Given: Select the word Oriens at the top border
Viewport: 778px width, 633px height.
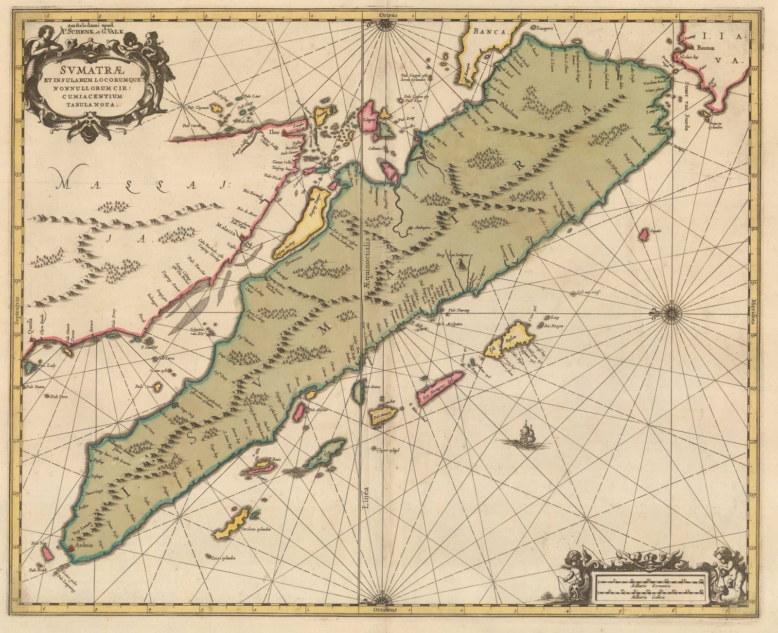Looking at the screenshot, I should point(389,15).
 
